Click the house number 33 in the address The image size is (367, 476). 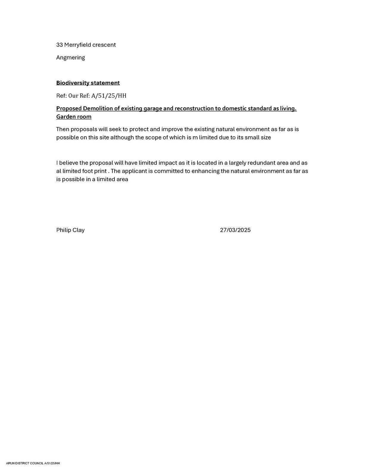point(59,45)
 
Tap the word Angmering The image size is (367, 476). point(70,58)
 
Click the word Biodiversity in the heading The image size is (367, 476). point(72,83)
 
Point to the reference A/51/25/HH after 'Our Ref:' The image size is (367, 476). point(109,96)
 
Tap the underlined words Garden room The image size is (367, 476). point(74,117)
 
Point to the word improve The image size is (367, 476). point(172,129)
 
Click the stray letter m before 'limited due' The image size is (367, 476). point(195,138)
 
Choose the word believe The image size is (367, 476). point(69,163)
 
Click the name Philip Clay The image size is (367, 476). point(70,230)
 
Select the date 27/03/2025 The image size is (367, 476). point(235,230)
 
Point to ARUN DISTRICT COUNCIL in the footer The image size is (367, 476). point(25,464)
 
